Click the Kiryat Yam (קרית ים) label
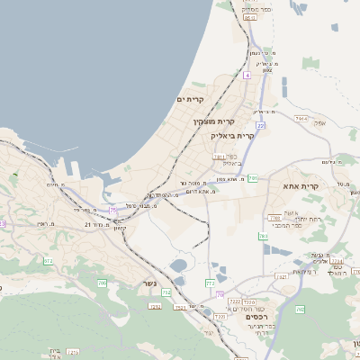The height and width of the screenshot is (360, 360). tap(191, 99)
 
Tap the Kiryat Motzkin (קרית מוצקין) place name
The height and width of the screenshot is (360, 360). tap(213, 120)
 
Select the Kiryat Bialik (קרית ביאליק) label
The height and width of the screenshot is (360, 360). tap(232, 135)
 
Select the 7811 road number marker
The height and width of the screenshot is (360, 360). tap(219, 157)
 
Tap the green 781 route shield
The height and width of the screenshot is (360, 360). tap(253, 178)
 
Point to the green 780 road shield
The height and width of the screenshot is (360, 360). tap(264, 237)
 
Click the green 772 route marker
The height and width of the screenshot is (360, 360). tap(210, 283)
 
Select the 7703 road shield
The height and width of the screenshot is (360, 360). tap(274, 218)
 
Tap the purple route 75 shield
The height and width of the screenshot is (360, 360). tap(113, 210)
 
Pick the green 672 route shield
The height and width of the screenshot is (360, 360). tap(49, 262)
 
